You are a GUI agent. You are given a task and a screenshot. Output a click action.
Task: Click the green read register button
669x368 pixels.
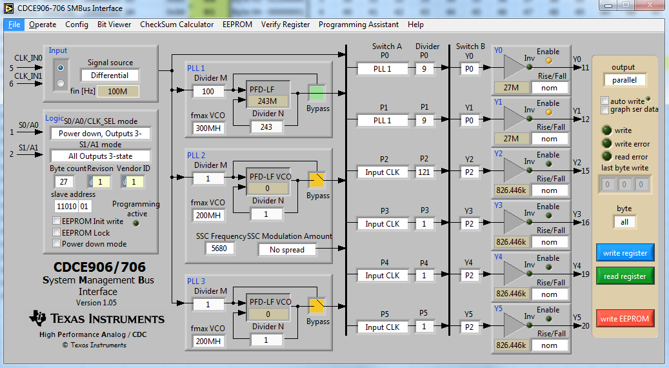coord(624,276)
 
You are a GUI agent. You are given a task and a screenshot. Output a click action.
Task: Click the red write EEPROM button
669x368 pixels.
coord(624,318)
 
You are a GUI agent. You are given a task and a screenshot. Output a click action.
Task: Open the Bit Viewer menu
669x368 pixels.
coord(114,25)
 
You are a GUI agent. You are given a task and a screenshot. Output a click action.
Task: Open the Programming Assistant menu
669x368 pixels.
coord(359,25)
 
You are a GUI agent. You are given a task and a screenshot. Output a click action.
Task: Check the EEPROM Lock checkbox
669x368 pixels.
coord(57,232)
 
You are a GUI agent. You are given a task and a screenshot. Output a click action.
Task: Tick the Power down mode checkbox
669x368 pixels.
coord(57,244)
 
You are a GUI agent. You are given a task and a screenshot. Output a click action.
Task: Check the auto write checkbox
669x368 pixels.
coord(604,101)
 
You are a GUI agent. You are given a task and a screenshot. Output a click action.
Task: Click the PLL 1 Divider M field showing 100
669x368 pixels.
coord(208,92)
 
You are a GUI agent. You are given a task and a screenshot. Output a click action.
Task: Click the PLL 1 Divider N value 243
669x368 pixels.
coord(266,127)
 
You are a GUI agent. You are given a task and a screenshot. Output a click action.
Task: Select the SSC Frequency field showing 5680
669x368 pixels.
coord(219,249)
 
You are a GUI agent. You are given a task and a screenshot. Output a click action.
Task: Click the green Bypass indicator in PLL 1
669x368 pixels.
coord(317,92)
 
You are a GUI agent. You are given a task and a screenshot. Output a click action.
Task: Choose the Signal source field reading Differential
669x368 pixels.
coord(109,76)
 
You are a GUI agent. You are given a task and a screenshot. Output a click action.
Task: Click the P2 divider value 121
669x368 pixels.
coord(424,172)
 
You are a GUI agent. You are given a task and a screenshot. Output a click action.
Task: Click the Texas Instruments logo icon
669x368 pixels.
coord(38,318)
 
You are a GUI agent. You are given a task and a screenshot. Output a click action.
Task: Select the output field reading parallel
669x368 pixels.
coord(624,80)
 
